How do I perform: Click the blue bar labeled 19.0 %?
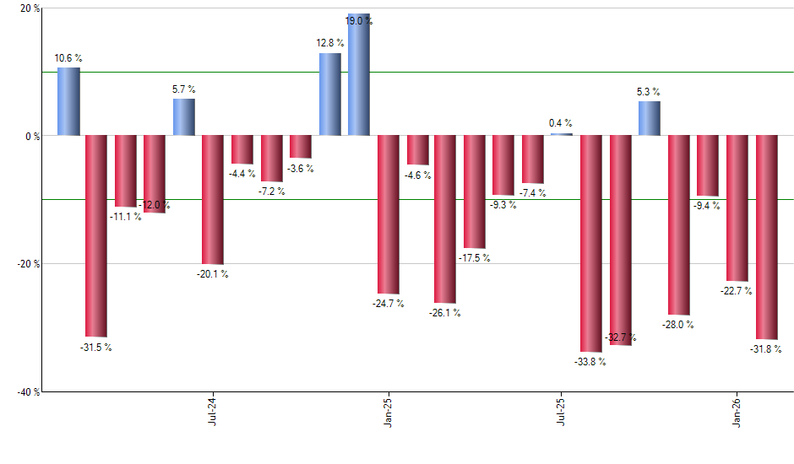(359, 75)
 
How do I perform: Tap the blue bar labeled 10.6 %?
(68, 101)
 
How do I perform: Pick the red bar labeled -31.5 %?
(96, 235)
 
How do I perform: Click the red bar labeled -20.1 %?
(213, 199)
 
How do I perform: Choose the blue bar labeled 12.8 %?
(329, 94)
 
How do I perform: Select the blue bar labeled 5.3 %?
(650, 118)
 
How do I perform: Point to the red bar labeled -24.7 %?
(388, 214)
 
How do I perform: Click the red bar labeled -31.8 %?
(766, 237)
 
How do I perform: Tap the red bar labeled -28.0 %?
(679, 224)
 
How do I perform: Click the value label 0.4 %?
(561, 123)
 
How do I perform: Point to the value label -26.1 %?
(445, 313)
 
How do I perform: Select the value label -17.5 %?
(474, 258)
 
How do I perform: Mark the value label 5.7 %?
(184, 89)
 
